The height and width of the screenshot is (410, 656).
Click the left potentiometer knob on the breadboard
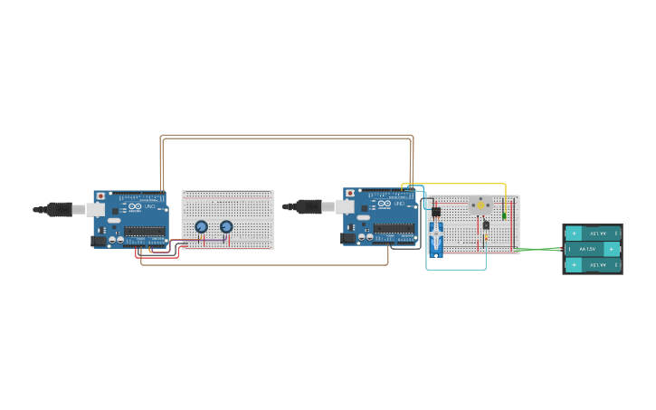click(202, 226)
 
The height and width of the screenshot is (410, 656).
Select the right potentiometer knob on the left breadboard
click(226, 226)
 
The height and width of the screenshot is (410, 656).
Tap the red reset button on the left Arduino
click(100, 195)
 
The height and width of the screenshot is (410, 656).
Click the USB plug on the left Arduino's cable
click(61, 209)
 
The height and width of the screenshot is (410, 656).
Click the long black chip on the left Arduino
click(145, 231)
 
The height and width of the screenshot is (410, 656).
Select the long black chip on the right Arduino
click(395, 228)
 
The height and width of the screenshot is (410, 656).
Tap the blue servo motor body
click(435, 237)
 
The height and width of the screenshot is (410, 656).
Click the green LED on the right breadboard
click(504, 215)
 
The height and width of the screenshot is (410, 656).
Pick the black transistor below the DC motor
click(486, 225)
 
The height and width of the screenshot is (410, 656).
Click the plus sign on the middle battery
click(612, 249)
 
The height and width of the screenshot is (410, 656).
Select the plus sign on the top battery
click(573, 233)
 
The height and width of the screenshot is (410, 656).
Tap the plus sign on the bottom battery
click(573, 264)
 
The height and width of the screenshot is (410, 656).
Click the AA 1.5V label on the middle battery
click(589, 249)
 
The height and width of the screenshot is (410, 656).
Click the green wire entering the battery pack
click(543, 249)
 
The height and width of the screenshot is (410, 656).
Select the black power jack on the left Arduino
click(99, 242)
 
